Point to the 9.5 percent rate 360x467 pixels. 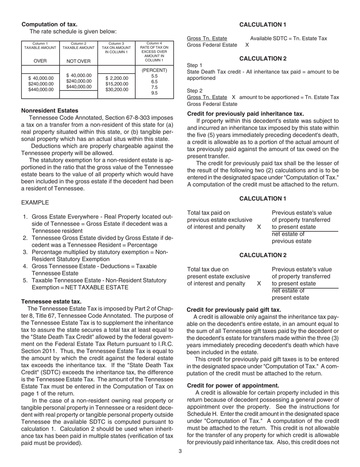pos(154,93)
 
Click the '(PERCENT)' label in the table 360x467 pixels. pos(154,70)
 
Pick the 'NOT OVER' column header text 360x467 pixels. pos(78,61)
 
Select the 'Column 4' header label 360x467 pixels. pos(154,43)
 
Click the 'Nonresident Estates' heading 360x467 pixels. pos(50,110)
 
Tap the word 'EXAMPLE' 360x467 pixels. pos(35,202)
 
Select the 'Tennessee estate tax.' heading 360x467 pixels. pos(51,301)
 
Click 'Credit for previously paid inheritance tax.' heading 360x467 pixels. pos(246,114)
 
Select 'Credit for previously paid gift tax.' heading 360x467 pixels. pos(234,309)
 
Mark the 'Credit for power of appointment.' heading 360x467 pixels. pos(233,385)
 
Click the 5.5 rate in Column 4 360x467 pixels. pos(154,76)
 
